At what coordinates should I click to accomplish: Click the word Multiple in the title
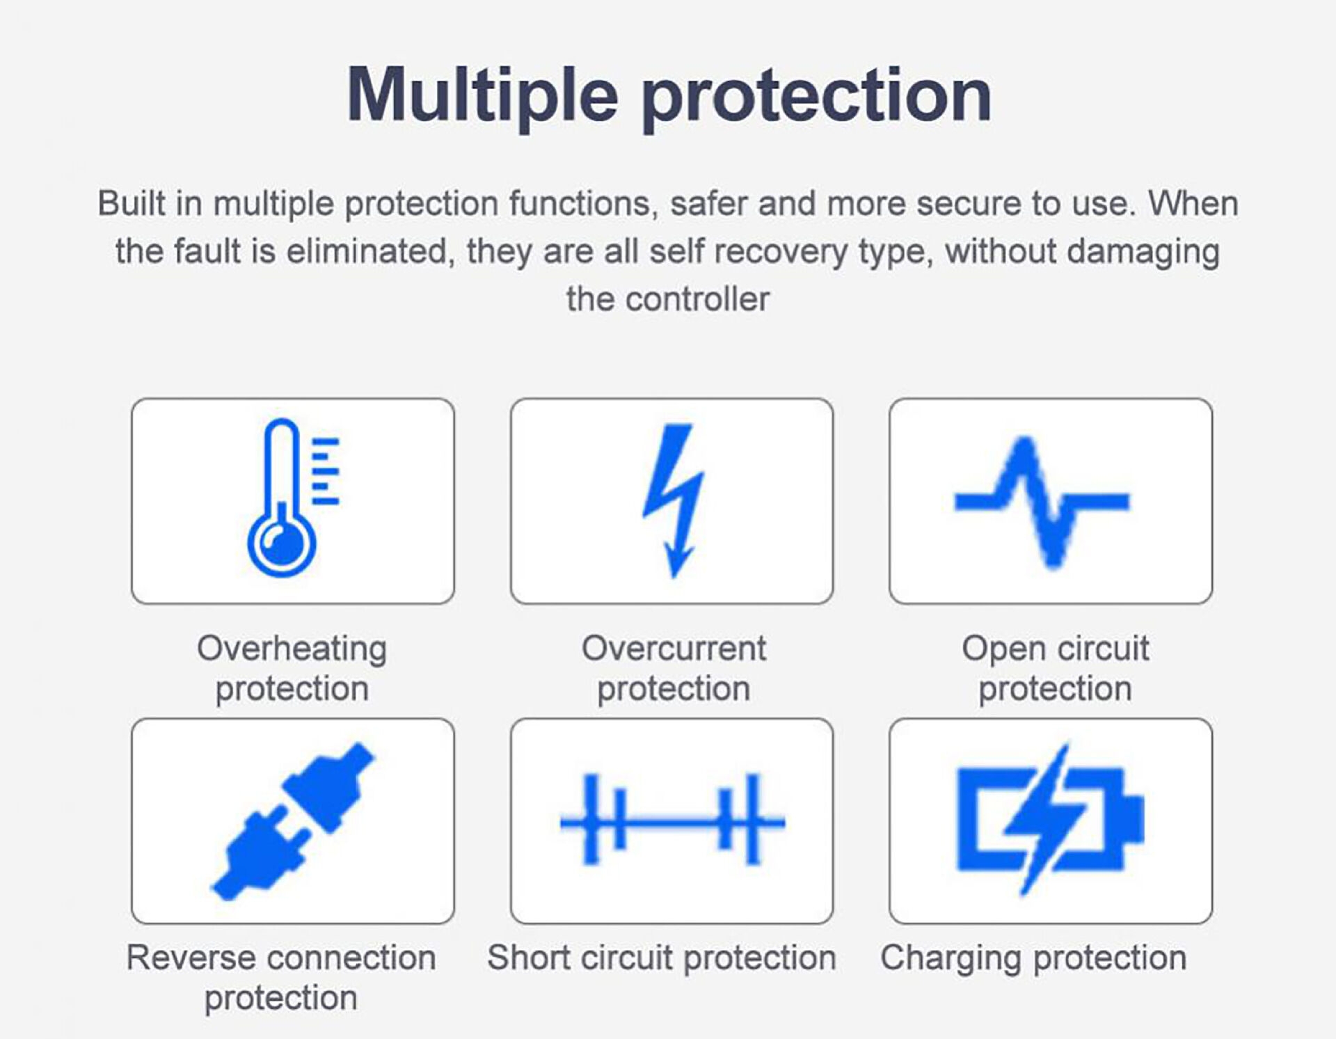(482, 95)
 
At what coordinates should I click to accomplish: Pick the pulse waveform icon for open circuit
(1042, 501)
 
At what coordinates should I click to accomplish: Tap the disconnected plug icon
(293, 821)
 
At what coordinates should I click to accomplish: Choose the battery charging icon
(1050, 820)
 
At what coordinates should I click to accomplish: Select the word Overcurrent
(674, 649)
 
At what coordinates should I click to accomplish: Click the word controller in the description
(698, 300)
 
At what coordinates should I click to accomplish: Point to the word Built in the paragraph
(131, 203)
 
